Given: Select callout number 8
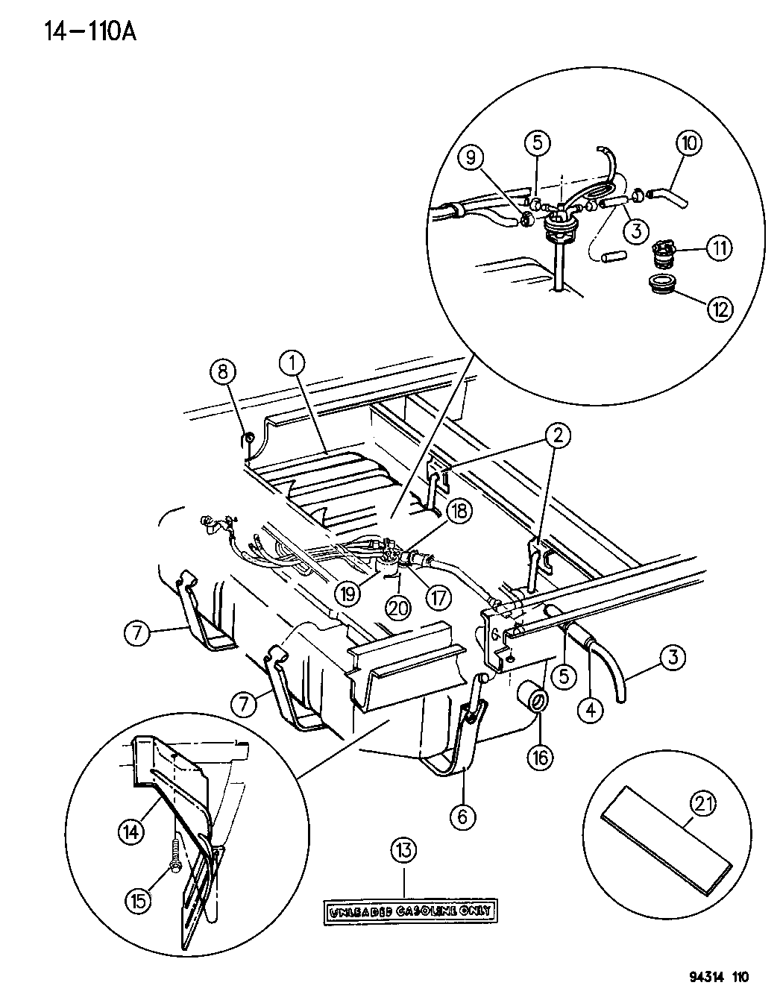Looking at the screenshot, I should (227, 371).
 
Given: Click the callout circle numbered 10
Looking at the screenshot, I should (688, 143).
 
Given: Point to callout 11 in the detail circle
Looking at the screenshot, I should (719, 248).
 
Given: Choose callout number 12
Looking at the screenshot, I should (719, 308).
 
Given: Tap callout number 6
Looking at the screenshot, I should (462, 817).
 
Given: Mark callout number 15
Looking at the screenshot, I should (139, 899).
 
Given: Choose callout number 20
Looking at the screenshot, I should (399, 608).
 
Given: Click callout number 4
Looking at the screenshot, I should (591, 710).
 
